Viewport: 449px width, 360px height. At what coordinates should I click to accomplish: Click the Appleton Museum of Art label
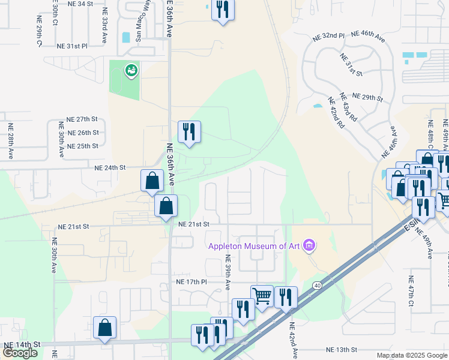[x=255, y=245]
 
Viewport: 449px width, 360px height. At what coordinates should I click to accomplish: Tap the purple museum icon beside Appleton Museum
[x=309, y=244]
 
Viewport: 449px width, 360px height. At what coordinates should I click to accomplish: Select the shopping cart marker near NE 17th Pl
[x=262, y=296]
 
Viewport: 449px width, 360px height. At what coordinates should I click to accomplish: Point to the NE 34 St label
[x=81, y=4]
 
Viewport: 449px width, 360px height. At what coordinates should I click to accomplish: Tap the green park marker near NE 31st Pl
[x=131, y=71]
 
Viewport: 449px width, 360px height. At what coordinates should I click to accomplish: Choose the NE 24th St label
[x=109, y=167]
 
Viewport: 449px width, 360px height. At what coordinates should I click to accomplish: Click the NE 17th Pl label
[x=191, y=281]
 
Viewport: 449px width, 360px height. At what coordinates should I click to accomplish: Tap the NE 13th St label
[x=342, y=349]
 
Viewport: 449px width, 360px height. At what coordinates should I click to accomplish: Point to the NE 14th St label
[x=22, y=344]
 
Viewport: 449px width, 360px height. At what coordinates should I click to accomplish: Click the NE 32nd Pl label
[x=328, y=36]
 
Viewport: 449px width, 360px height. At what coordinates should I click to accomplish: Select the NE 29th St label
[x=367, y=97]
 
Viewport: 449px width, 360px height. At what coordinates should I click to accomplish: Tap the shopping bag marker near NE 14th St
[x=104, y=328]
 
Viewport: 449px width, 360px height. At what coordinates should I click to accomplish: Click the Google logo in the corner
[x=20, y=353]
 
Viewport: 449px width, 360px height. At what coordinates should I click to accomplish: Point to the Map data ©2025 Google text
[x=412, y=355]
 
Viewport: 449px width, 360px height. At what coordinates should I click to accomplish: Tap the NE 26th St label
[x=83, y=133]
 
